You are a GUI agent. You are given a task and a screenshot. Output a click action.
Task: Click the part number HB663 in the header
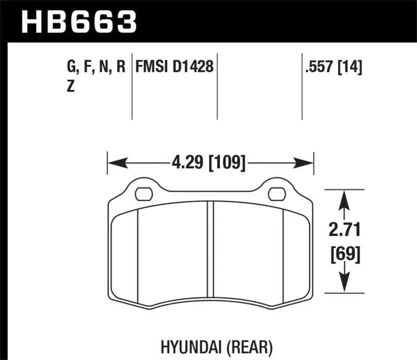tap(78, 21)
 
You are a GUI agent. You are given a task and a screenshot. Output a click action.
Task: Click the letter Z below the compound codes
tap(70, 88)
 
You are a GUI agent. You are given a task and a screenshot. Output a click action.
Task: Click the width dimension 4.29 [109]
tap(208, 163)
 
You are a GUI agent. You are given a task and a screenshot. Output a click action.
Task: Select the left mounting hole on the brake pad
tap(141, 194)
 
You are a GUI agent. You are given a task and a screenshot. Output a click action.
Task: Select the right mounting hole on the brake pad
tap(274, 194)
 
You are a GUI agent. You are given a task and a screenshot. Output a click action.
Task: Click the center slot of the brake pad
tap(210, 250)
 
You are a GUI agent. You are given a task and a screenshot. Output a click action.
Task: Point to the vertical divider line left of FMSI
tap(132, 86)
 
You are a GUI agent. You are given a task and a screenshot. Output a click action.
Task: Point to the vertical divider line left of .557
tap(302, 86)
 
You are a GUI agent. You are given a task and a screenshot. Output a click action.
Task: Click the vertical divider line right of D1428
tap(217, 86)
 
